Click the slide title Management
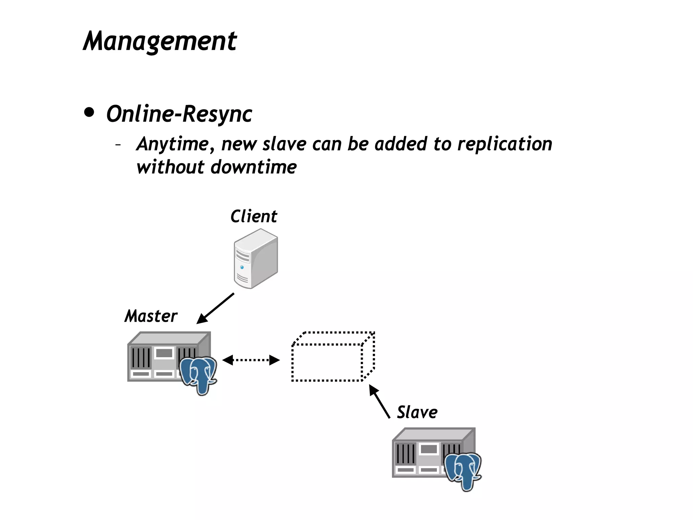click(x=160, y=41)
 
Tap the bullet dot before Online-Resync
click(x=89, y=113)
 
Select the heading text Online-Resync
click(x=179, y=114)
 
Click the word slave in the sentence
click(x=284, y=144)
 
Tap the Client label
click(x=253, y=216)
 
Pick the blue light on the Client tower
click(x=242, y=267)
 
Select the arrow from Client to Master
click(x=216, y=308)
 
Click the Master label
click(x=151, y=316)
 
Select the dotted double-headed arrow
click(x=251, y=360)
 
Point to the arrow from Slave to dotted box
click(x=379, y=401)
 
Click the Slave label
click(x=417, y=412)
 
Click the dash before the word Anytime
click(x=118, y=145)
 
